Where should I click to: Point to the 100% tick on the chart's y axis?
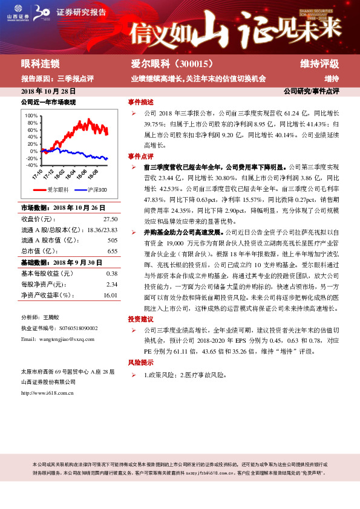(32, 115)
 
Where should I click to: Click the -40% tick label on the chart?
(32, 164)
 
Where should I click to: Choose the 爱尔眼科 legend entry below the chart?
(55, 189)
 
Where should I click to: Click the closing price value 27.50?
(110, 219)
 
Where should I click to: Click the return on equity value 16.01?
(110, 294)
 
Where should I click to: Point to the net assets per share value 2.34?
(111, 284)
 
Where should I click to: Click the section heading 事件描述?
(140, 102)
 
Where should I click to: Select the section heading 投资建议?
(140, 319)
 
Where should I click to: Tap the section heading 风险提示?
(140, 362)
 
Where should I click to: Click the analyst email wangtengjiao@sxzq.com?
(62, 339)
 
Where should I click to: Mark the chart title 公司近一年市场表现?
(48, 102)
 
